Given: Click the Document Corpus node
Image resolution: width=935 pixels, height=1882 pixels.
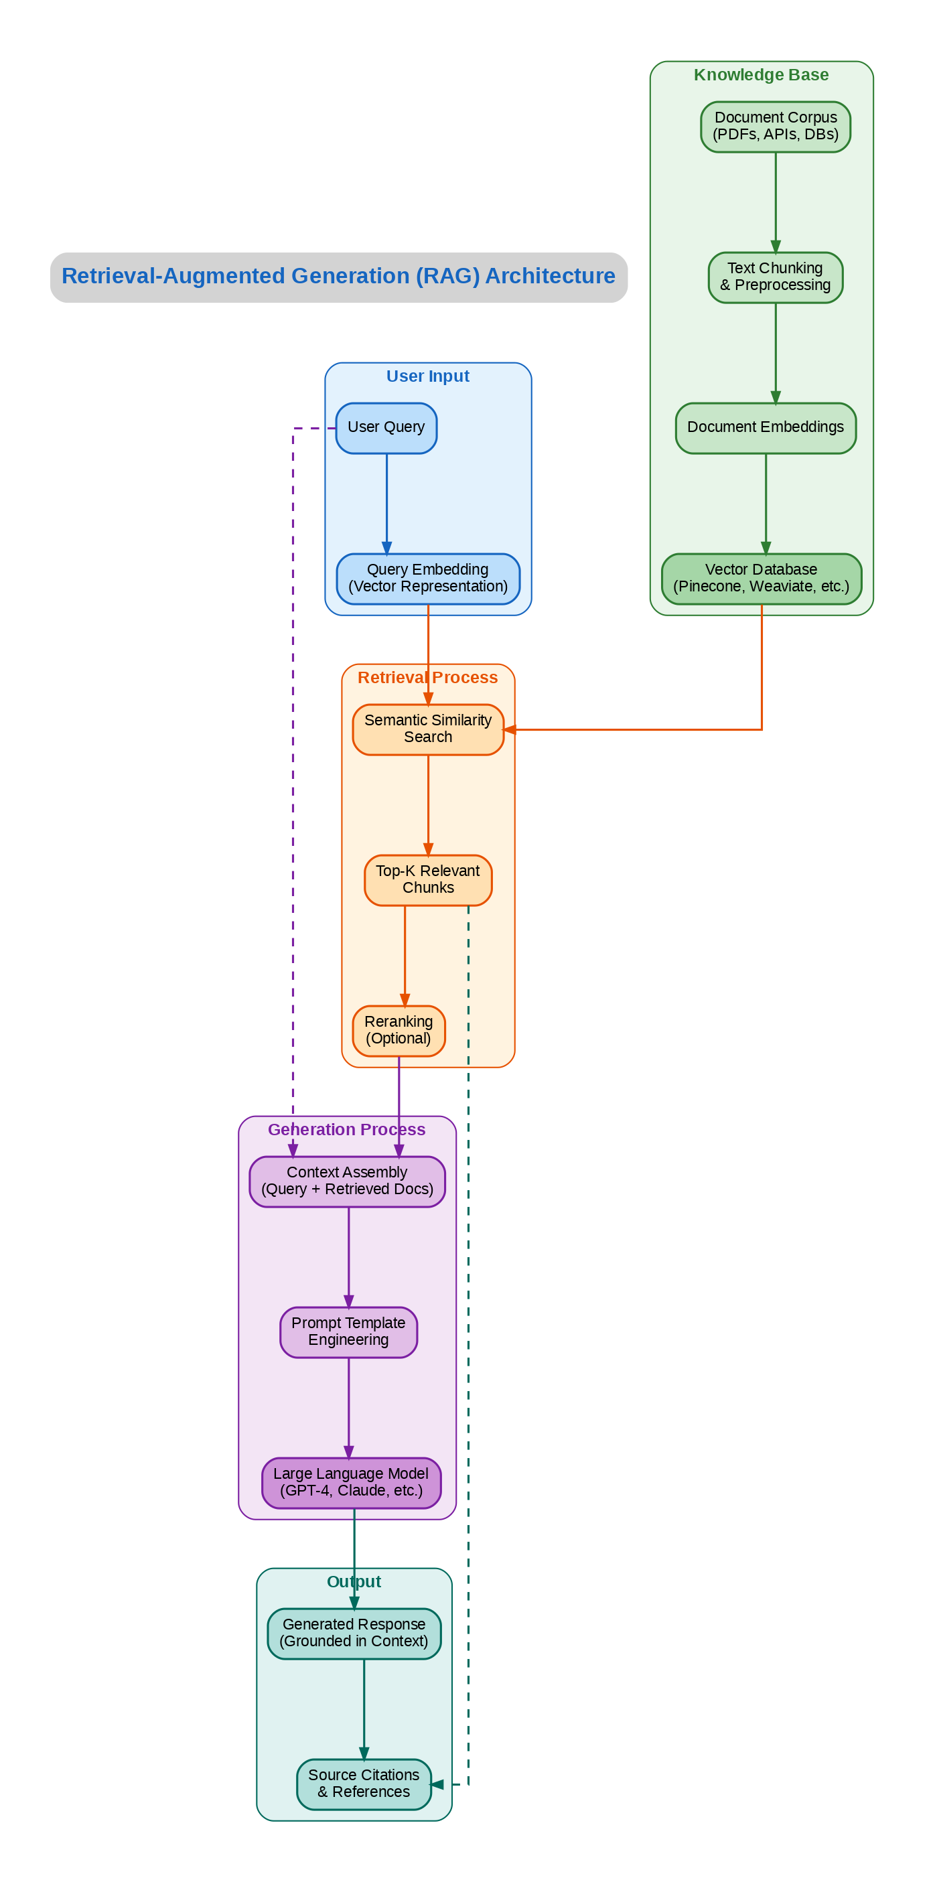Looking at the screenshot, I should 775,127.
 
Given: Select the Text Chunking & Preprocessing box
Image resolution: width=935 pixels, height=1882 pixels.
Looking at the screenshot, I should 775,277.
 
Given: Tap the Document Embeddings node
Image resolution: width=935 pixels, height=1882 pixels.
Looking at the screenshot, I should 765,427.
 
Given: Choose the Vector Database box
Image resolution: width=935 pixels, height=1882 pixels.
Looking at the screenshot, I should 761,578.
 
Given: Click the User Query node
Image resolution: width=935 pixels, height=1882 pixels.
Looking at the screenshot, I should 386,427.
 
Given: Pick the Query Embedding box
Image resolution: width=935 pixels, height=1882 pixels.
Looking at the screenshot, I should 427,578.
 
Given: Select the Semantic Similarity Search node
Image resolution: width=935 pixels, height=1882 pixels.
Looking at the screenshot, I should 427,729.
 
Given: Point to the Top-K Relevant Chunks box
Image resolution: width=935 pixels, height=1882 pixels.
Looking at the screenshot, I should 427,879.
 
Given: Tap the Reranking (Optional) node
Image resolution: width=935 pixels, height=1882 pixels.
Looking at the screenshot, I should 398,1030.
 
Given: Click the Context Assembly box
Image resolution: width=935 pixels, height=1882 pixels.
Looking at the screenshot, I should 347,1181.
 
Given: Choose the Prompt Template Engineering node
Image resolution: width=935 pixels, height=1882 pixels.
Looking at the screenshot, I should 348,1331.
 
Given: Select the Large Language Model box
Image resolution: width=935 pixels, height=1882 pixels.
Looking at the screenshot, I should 351,1481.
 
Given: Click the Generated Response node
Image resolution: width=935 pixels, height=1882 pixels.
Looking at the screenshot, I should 354,1633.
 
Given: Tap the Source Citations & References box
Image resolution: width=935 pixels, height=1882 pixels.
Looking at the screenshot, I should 364,1784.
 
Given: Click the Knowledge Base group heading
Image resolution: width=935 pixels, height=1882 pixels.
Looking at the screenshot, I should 761,74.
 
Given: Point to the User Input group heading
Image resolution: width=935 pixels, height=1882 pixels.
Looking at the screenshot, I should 427,376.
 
